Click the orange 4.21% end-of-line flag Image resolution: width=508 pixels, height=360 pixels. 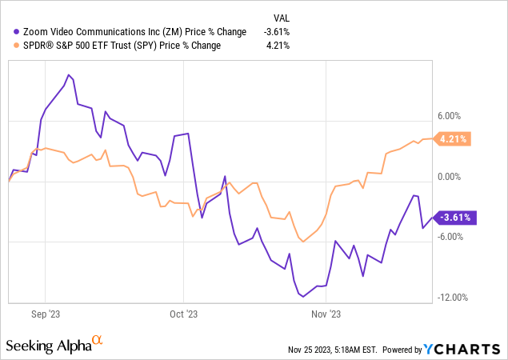454,138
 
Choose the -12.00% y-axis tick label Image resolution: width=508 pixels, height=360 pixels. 452,298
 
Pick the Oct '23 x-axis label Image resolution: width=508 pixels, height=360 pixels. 183,314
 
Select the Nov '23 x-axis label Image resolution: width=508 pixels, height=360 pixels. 326,314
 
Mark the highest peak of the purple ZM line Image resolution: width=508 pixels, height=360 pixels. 69,75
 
